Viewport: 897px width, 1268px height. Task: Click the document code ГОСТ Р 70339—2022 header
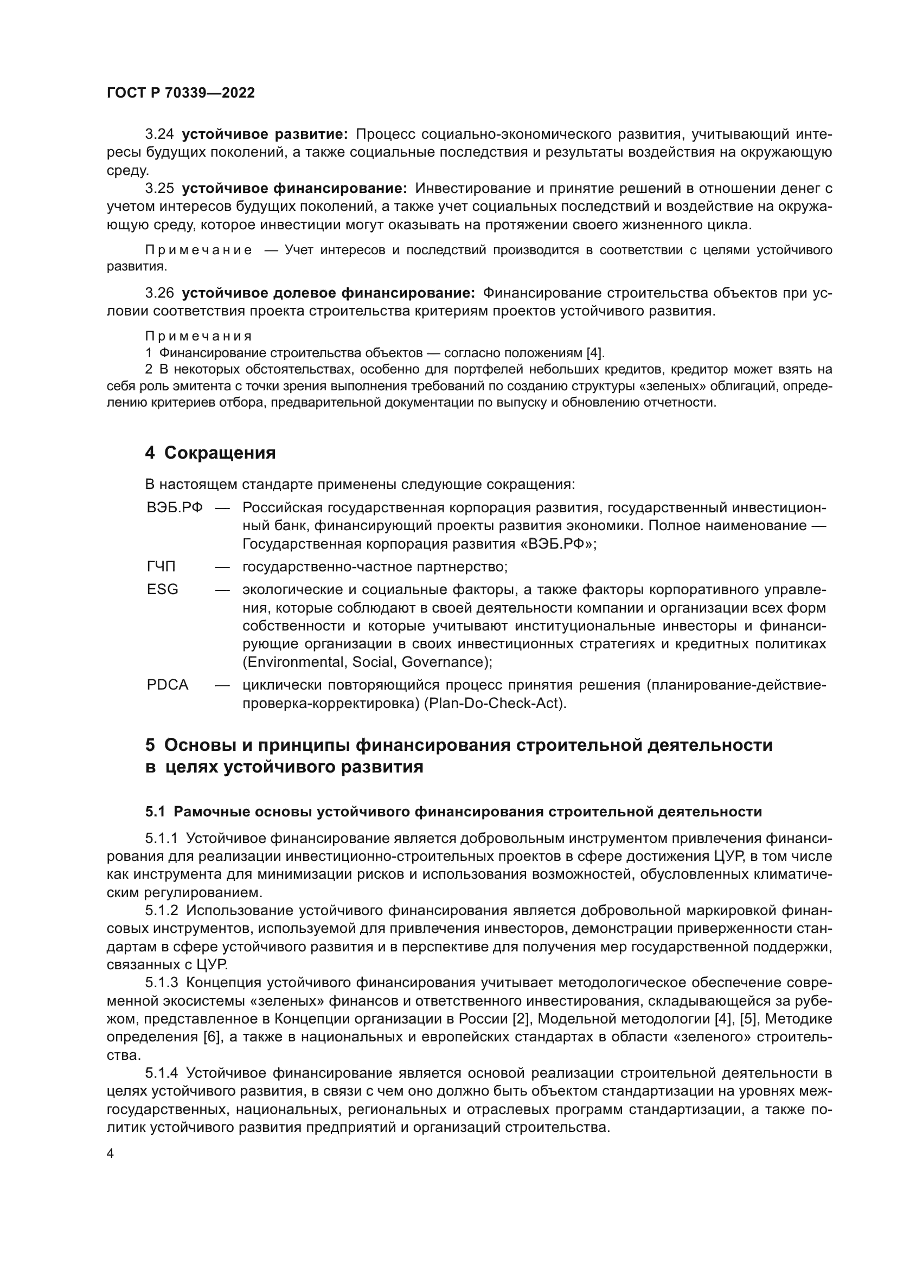point(181,93)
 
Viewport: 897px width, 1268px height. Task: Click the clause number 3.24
point(159,134)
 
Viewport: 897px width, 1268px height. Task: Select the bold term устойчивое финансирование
point(294,189)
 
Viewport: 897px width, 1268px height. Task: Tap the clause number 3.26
point(159,293)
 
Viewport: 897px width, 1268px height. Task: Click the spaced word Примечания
point(198,336)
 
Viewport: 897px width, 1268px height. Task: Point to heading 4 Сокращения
point(210,453)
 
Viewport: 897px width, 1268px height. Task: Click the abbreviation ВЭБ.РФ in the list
point(175,508)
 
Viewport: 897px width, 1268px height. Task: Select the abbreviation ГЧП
point(161,567)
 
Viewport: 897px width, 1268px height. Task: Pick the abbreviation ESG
point(162,590)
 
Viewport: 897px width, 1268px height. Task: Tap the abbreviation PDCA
point(168,685)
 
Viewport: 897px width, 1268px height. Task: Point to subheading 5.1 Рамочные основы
point(453,812)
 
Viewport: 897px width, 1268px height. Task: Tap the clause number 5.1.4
point(161,1073)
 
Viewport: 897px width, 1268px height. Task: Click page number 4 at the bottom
point(110,1154)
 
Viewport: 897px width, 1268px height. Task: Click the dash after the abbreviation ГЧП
point(222,567)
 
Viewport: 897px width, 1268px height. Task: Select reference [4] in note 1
point(595,353)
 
